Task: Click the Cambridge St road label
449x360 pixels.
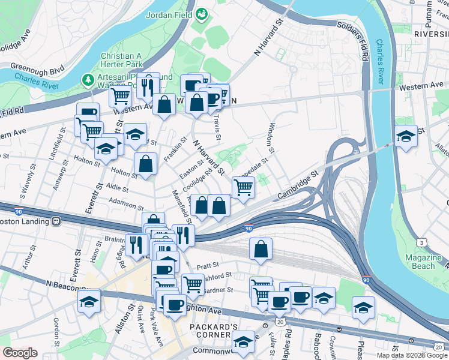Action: pyautogui.click(x=296, y=188)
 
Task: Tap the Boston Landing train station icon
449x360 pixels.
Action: pyautogui.click(x=56, y=221)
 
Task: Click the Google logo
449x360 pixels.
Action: pyautogui.click(x=20, y=353)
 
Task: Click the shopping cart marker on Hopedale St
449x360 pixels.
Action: pyautogui.click(x=243, y=187)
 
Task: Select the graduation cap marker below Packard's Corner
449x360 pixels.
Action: pyautogui.click(x=243, y=343)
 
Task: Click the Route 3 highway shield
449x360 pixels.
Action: pyautogui.click(x=423, y=242)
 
